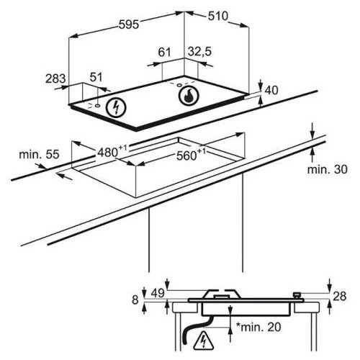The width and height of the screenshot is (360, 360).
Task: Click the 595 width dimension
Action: (x=129, y=24)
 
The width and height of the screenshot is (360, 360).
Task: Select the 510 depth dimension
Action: (x=218, y=17)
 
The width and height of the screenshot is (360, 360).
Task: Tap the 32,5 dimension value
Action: (x=199, y=51)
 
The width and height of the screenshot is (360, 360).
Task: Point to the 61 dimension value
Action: (x=164, y=52)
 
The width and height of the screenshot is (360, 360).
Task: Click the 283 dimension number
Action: (x=55, y=78)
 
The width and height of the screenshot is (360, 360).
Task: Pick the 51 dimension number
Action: (x=96, y=77)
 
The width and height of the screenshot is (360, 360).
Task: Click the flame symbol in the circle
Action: (x=189, y=95)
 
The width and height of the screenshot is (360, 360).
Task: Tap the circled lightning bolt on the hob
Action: (x=116, y=108)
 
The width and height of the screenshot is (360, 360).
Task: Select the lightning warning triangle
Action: (x=204, y=340)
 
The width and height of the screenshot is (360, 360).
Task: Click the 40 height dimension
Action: (x=271, y=90)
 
